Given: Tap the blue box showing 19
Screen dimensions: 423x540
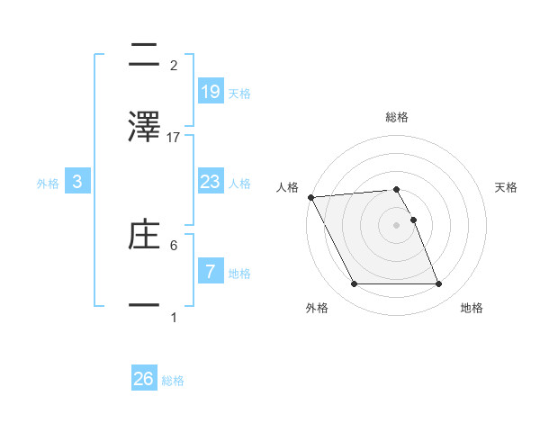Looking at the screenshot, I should pos(210,91).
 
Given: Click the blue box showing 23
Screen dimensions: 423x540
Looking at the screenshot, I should pos(210,182).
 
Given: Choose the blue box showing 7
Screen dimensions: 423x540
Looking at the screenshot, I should pos(210,271).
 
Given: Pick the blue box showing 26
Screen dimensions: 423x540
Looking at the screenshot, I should pos(144,379).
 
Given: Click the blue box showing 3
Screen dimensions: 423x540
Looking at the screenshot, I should pos(77,182).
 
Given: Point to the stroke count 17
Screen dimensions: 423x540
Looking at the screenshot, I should pos(174,138).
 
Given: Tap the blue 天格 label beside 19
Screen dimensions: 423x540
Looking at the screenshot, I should pos(239,93).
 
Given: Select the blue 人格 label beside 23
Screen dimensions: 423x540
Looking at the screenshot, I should pos(239,184).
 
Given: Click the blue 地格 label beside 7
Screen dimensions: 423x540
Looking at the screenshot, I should pos(239,273).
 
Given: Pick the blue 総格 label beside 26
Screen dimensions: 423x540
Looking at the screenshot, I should pos(173,381).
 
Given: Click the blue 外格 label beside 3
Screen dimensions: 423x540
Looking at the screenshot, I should pos(48,184).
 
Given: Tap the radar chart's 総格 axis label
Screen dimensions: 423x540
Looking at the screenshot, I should pos(397,117).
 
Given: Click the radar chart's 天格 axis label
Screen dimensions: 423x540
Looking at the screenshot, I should pos(507,187).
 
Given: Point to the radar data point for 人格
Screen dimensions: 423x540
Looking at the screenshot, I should pos(310,197).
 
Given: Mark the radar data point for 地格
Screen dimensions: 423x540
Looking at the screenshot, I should pos(438,284).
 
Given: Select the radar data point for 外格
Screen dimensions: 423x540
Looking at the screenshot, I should pos(354,284).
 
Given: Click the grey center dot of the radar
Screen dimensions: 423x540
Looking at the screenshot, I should pos(396,225).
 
